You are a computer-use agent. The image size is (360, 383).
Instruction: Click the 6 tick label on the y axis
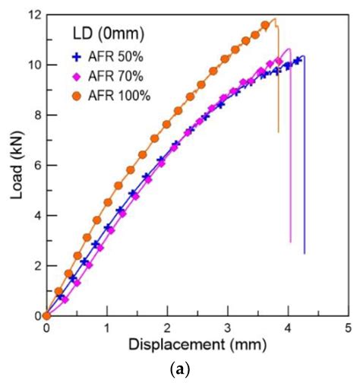point(36,165)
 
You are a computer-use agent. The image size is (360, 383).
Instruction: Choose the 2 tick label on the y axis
point(36,265)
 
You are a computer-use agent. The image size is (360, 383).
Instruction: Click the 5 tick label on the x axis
point(348,328)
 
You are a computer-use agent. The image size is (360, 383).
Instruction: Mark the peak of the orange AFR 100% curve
point(274,19)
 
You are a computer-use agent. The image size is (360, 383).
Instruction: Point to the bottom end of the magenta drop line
point(290,242)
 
